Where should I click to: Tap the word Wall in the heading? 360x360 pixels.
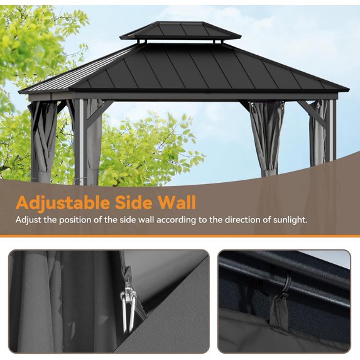click(178, 203)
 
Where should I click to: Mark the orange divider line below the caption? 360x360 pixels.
click(180, 236)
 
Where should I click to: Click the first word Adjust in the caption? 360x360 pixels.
click(29, 221)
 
